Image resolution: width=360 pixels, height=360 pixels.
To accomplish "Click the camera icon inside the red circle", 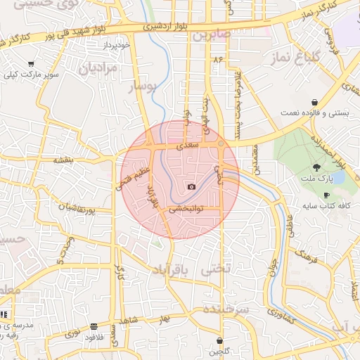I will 192,186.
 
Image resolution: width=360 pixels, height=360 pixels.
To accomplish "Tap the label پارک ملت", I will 316,180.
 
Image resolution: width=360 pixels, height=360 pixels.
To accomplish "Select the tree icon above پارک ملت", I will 316,167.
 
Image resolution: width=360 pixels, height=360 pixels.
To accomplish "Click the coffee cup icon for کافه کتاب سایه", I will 326,195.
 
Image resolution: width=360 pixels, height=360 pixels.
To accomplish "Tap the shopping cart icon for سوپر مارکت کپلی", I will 30,65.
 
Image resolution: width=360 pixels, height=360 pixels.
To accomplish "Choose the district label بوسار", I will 144,86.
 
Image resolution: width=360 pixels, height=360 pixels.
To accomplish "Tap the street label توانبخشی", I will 186,209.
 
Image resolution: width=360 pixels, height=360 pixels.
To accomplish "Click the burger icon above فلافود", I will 94,327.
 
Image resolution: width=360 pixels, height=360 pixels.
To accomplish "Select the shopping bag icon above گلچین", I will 220,340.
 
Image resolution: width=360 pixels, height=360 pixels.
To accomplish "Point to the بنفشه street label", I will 64,160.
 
